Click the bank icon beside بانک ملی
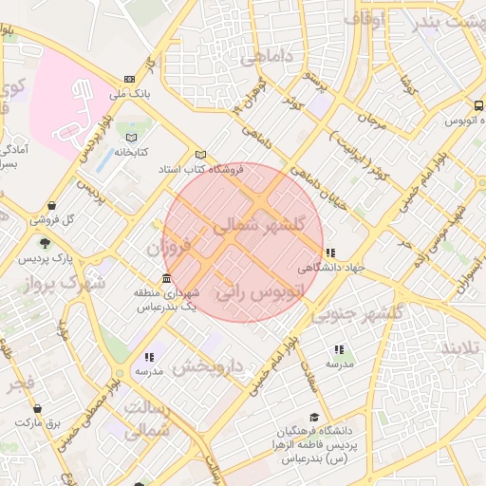click(129, 80)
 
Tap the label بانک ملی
click(131, 95)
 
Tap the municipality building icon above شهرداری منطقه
click(167, 279)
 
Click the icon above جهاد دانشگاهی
click(329, 252)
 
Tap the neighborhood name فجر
click(21, 386)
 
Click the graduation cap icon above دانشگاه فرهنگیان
click(314, 416)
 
